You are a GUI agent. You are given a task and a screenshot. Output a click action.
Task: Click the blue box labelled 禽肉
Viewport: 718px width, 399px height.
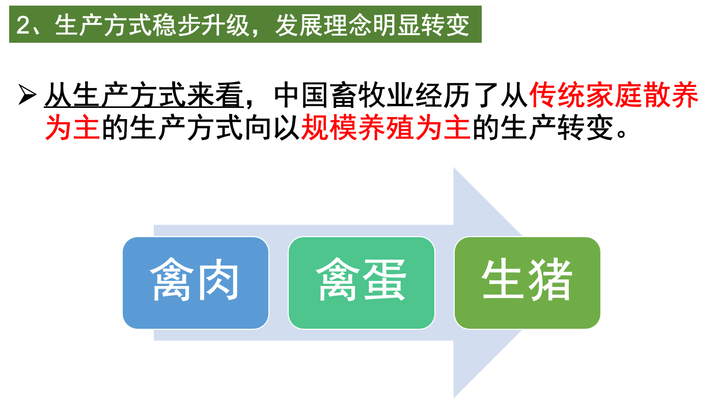click(195, 282)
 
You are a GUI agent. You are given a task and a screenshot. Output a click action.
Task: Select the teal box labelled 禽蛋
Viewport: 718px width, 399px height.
click(361, 282)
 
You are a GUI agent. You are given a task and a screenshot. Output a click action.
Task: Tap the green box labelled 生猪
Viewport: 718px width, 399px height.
click(527, 282)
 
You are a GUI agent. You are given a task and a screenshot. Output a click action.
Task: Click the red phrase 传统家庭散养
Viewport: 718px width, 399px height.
click(614, 95)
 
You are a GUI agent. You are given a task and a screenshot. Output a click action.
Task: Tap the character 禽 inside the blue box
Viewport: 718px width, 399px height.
click(172, 281)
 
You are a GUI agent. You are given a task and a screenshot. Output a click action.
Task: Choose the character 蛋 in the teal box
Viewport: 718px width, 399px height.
click(384, 281)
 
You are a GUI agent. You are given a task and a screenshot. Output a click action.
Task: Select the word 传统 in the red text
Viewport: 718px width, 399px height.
click(558, 95)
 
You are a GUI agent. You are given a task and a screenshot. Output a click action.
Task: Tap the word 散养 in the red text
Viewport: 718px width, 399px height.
click(671, 95)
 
